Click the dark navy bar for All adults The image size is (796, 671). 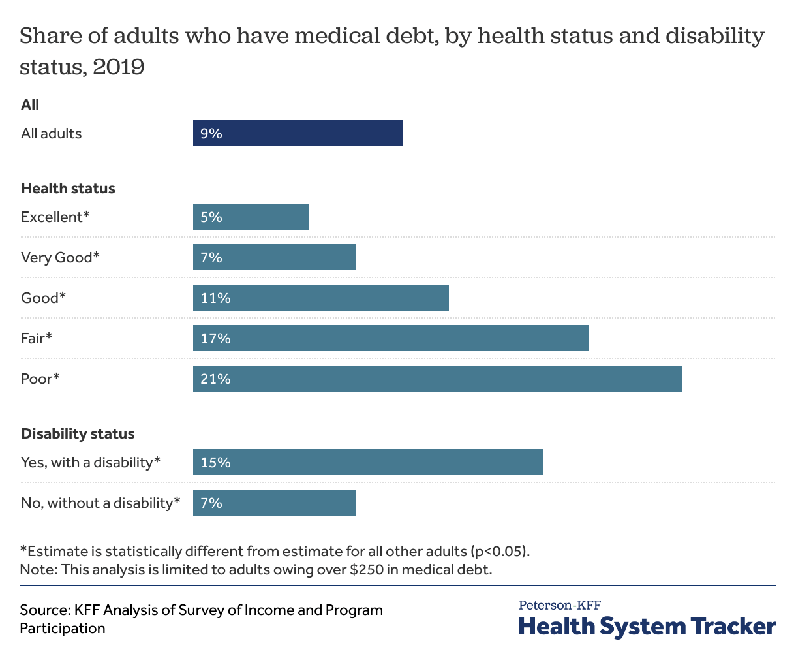[298, 133]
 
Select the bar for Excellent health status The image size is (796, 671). [251, 217]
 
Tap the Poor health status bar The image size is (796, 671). [437, 379]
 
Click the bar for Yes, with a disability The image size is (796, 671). [367, 462]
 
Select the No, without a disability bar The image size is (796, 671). [274, 503]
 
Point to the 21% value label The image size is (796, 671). [215, 379]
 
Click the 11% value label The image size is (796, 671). [215, 298]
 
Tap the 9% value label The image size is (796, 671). [211, 134]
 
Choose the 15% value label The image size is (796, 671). [215, 463]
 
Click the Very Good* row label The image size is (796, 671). [60, 257]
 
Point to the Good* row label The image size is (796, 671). [44, 298]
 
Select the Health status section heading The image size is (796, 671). [68, 189]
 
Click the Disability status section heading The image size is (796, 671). [78, 434]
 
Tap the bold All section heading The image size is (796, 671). [30, 105]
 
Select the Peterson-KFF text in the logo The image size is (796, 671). [559, 605]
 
